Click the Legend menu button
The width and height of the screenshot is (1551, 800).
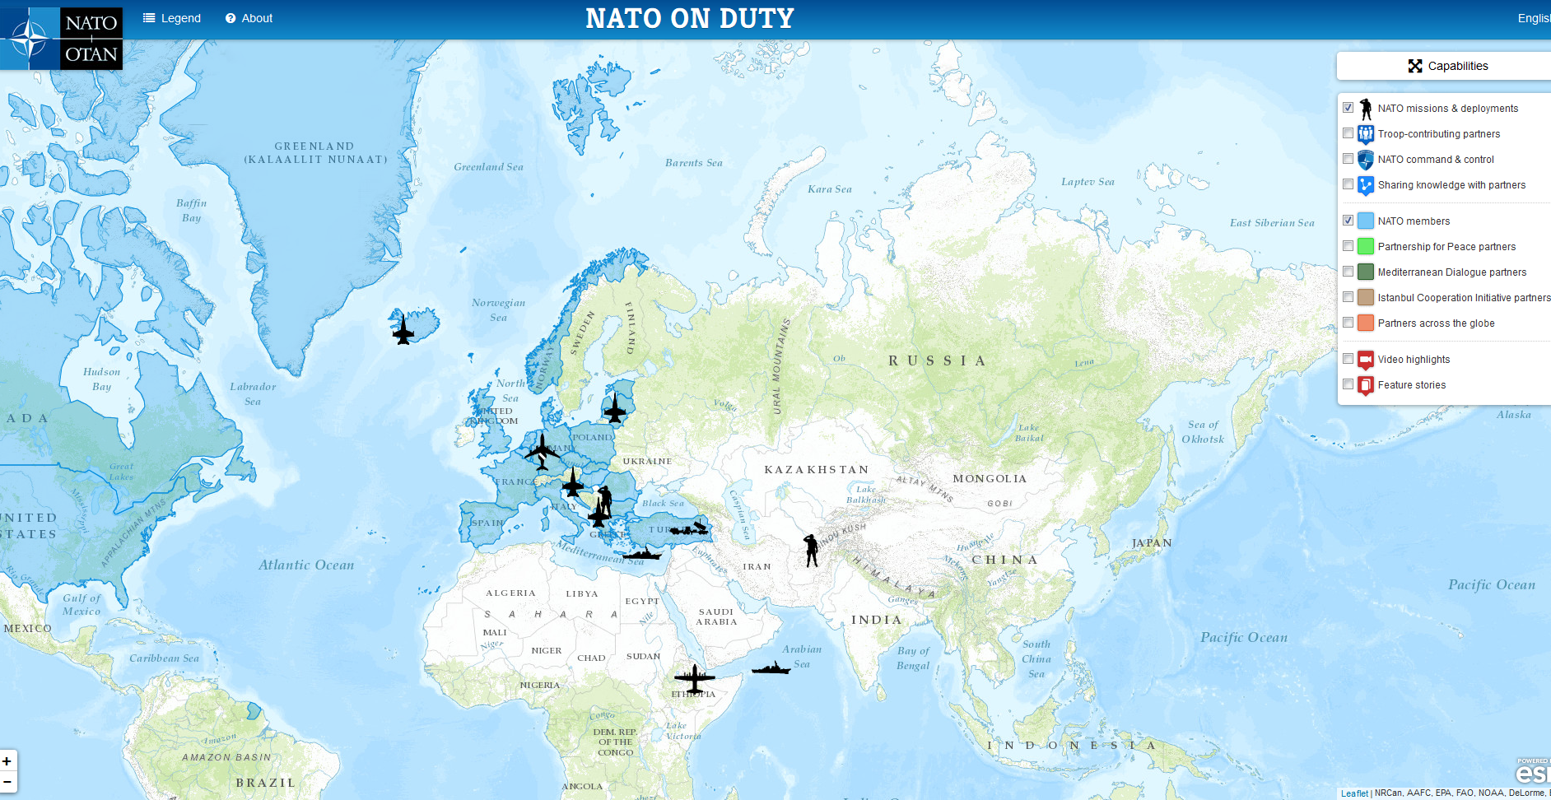click(172, 18)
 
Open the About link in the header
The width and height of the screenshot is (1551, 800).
click(249, 18)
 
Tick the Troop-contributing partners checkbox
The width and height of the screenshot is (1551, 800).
click(1348, 133)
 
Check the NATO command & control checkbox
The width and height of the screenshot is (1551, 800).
click(1348, 159)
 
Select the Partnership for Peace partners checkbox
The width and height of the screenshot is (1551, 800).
click(1348, 246)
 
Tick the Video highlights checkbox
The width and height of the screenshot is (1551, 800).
click(1348, 359)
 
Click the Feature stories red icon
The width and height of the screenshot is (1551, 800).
click(1366, 385)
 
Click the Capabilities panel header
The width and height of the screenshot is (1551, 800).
click(1447, 66)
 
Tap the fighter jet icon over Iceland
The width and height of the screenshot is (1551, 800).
click(403, 329)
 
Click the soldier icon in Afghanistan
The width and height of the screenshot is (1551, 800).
click(811, 550)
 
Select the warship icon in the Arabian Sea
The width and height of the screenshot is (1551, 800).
click(771, 668)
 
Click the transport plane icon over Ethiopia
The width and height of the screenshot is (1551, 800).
click(694, 679)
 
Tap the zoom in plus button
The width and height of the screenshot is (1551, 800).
click(7, 761)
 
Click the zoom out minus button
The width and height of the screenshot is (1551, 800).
click(7, 781)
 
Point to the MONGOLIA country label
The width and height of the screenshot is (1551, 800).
click(990, 479)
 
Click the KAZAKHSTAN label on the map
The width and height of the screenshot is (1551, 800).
click(816, 470)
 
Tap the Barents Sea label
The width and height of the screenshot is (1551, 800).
click(693, 163)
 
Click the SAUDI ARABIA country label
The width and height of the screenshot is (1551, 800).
click(716, 616)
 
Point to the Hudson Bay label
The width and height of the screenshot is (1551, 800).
click(101, 379)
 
